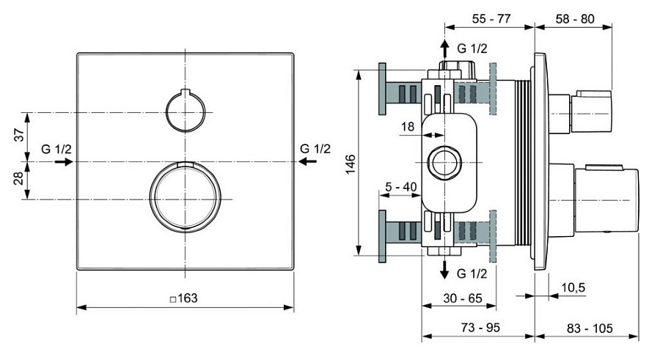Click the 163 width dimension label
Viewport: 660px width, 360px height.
click(x=183, y=298)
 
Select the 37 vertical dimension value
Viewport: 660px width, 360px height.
click(x=20, y=135)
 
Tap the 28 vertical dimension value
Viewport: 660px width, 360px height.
click(x=20, y=179)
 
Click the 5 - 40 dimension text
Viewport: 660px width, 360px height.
click(x=401, y=187)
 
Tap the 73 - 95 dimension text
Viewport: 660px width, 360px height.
click(x=478, y=327)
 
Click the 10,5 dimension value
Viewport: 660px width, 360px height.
click(x=573, y=287)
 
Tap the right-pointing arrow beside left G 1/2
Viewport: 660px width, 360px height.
click(x=64, y=162)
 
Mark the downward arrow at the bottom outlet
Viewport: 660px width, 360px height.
click(x=444, y=270)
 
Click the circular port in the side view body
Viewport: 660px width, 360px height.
click(x=444, y=163)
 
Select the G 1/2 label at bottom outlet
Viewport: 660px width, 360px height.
click(x=472, y=274)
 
